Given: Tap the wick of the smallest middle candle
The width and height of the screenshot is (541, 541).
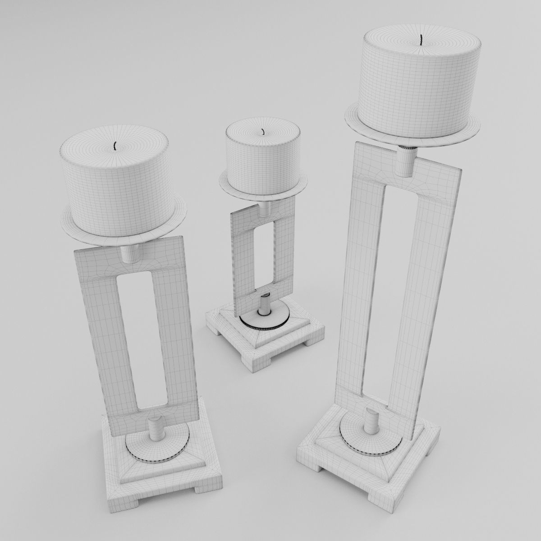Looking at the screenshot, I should pyautogui.click(x=262, y=132).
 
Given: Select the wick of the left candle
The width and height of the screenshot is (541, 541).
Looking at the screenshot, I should pyautogui.click(x=115, y=146).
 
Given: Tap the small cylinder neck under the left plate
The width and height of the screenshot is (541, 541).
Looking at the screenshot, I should pyautogui.click(x=131, y=253).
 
